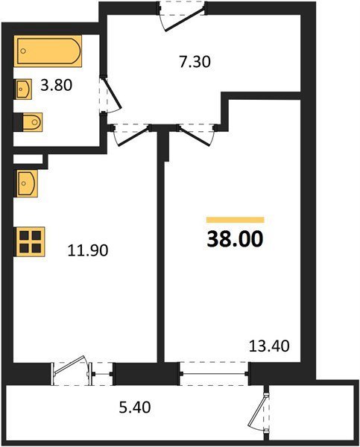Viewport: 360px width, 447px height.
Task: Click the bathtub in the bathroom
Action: pyautogui.click(x=48, y=51)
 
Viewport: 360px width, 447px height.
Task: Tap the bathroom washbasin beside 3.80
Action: pyautogui.click(x=23, y=89)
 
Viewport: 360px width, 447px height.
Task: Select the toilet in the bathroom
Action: pyautogui.click(x=28, y=122)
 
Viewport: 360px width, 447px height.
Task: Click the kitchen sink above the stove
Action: pyautogui.click(x=26, y=184)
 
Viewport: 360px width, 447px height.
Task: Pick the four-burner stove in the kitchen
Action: pyautogui.click(x=30, y=241)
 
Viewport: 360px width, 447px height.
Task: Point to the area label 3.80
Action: pyautogui.click(x=56, y=85)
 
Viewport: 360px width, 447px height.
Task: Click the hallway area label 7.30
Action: pyautogui.click(x=195, y=62)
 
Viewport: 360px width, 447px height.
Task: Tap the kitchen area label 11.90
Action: pyautogui.click(x=88, y=250)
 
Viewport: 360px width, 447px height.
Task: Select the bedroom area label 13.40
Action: pyautogui.click(x=269, y=346)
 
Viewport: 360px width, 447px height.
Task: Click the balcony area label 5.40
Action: pyautogui.click(x=135, y=408)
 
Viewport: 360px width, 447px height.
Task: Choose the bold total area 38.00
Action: pyautogui.click(x=235, y=239)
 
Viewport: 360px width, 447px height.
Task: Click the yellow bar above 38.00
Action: pyautogui.click(x=236, y=220)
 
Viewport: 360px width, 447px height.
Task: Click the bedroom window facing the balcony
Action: pyautogui.click(x=214, y=374)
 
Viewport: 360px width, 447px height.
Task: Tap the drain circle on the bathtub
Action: pyautogui.click(x=23, y=51)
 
